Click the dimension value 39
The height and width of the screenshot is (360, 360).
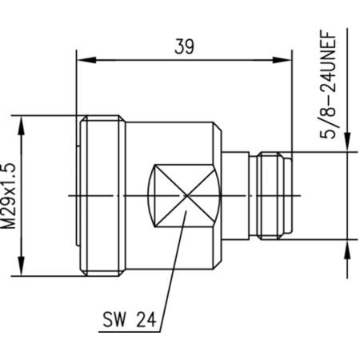pyautogui.click(x=184, y=46)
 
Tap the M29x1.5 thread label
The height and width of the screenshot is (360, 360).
pyautogui.click(x=9, y=196)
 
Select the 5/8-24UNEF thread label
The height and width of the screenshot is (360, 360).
pyautogui.click(x=328, y=85)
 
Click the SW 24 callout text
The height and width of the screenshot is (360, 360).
pyautogui.click(x=130, y=320)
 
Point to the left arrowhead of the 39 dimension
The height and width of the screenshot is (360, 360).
pyautogui.click(x=86, y=60)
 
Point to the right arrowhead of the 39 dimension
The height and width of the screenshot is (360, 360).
pyautogui.click(x=282, y=60)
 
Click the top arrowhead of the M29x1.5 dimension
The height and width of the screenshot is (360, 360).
pyautogui.click(x=21, y=126)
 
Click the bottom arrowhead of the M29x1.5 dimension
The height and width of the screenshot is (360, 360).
pyautogui.click(x=21, y=266)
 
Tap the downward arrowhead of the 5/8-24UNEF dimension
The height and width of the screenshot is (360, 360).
pyautogui.click(x=347, y=142)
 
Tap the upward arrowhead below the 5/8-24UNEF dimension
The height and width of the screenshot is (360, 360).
pyautogui.click(x=347, y=250)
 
